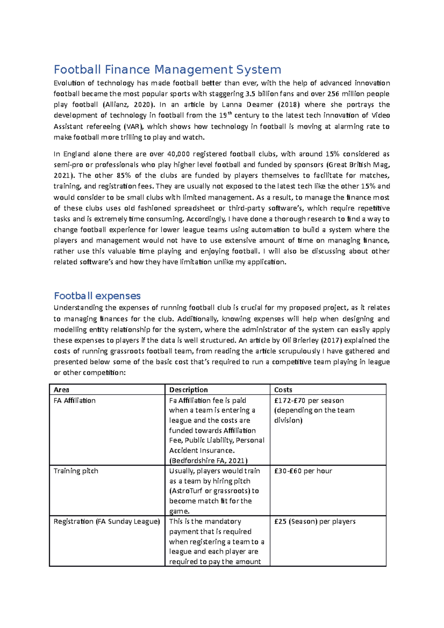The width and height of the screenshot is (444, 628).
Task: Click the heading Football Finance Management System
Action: click(167, 70)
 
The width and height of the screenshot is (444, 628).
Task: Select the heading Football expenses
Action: click(97, 296)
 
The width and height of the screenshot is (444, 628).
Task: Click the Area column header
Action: click(61, 390)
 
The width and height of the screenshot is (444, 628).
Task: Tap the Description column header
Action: click(188, 390)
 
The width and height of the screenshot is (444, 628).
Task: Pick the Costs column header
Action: click(283, 390)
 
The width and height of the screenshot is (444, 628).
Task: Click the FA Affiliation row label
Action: click(74, 401)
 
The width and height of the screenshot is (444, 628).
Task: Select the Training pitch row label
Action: click(76, 471)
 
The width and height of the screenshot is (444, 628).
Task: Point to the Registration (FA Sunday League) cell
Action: click(107, 521)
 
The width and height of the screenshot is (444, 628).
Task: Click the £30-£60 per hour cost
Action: click(303, 471)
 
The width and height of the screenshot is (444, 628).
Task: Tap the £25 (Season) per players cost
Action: click(314, 521)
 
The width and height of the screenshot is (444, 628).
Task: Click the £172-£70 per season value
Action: click(309, 401)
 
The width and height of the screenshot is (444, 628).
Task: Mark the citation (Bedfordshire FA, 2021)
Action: click(208, 460)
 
